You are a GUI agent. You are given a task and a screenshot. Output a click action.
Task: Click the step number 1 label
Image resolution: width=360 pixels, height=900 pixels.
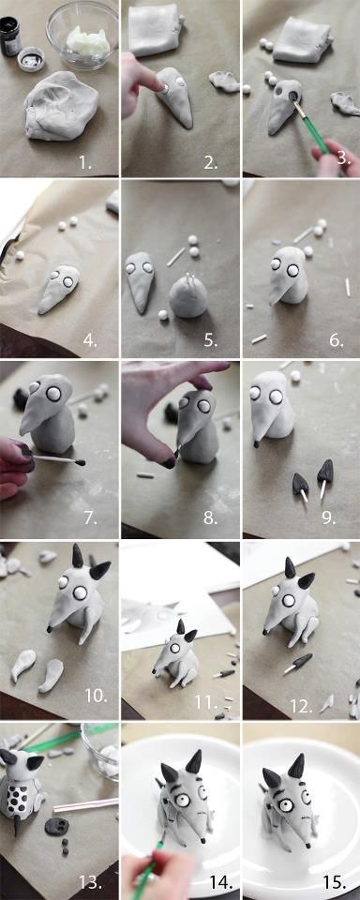point(85,162)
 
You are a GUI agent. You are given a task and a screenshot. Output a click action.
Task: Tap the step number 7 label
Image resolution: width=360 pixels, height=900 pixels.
point(90,518)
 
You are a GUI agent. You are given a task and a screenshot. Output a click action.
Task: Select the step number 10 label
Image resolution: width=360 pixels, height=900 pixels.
point(96,697)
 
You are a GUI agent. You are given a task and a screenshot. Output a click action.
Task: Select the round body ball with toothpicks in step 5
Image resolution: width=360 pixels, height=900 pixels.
point(188,295)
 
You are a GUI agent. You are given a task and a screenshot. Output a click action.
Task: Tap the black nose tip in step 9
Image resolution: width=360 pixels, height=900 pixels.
point(256,443)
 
